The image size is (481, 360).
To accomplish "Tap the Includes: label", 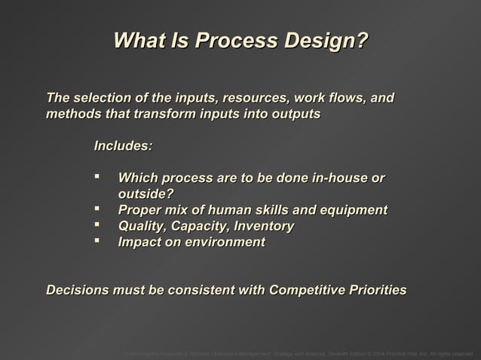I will pyautogui.click(x=123, y=145).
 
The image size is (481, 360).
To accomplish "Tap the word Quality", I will pyautogui.click(x=142, y=226).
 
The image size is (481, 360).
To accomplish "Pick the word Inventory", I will pyautogui.click(x=264, y=226).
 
